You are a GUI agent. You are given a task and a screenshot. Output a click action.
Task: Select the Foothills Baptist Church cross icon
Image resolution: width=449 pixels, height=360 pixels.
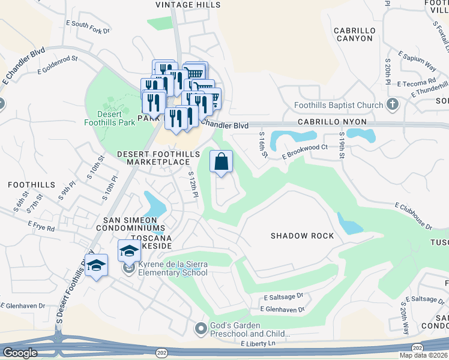[x=393, y=105]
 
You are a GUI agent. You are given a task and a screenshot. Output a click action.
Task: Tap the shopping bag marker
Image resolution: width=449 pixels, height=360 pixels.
[x=221, y=161]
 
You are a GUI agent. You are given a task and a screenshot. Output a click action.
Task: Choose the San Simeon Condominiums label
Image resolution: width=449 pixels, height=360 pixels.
[x=134, y=224]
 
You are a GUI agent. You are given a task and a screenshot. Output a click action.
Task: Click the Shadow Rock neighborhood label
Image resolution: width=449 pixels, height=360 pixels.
[x=301, y=236]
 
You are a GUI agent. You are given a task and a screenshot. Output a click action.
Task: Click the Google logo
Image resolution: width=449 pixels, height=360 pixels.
[x=20, y=353]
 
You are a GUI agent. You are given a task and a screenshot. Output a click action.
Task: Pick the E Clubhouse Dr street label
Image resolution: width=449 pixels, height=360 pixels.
[x=413, y=216]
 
